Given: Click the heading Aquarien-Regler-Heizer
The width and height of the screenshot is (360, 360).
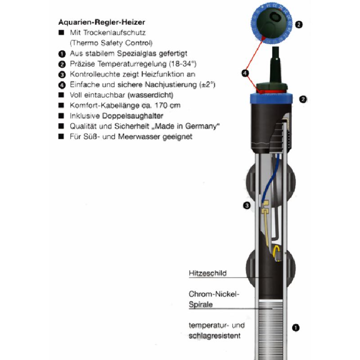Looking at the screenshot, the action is pyautogui.click(x=102, y=22).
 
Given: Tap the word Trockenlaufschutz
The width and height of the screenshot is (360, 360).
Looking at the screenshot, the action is pyautogui.click(x=114, y=32).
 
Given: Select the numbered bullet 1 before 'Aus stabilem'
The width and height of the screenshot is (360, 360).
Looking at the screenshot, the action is pyautogui.click(x=62, y=54).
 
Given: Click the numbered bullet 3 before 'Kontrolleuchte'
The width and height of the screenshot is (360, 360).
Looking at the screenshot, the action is pyautogui.click(x=62, y=75).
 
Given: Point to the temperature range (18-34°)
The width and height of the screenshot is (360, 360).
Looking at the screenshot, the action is pyautogui.click(x=183, y=64).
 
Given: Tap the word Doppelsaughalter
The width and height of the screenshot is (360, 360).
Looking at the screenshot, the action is pyautogui.click(x=132, y=116).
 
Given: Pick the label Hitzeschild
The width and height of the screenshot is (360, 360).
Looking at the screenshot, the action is pyautogui.click(x=207, y=273).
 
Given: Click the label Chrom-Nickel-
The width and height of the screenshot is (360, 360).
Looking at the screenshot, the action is pyautogui.click(x=214, y=294).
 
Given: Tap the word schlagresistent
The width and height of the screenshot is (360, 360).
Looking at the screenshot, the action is pyautogui.click(x=215, y=336).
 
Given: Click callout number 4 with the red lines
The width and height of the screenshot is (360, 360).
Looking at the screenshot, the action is pyautogui.click(x=245, y=73).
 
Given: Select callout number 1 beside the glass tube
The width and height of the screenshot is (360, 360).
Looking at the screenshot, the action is pyautogui.click(x=296, y=328).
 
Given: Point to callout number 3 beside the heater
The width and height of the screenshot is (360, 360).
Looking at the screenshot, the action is pyautogui.click(x=247, y=205).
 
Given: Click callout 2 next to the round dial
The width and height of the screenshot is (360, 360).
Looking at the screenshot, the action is pyautogui.click(x=299, y=24).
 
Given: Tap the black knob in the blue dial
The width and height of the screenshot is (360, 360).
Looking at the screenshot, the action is pyautogui.click(x=272, y=22).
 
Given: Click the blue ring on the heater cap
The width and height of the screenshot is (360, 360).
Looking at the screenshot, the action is pyautogui.click(x=271, y=99).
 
